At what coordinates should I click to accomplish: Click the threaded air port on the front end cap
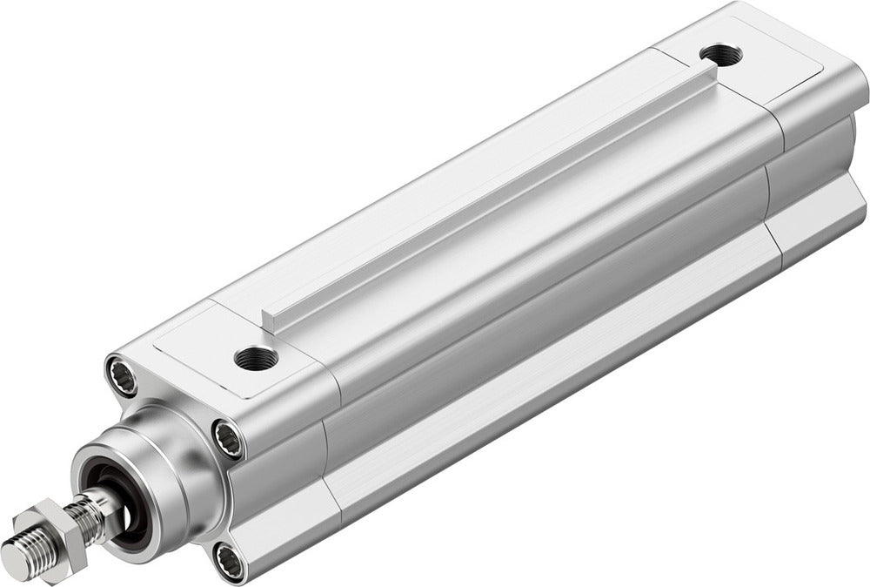[x=256, y=357]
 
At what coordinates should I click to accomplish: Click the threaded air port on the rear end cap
[x=720, y=55]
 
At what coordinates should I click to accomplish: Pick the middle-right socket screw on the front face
[x=229, y=439]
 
